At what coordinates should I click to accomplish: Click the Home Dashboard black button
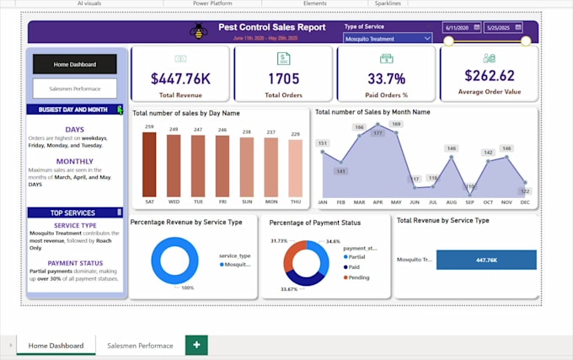75,64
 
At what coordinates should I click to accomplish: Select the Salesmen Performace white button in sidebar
75,89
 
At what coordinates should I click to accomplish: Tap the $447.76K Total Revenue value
179,78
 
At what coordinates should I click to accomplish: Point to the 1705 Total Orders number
283,78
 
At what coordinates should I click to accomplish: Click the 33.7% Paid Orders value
387,78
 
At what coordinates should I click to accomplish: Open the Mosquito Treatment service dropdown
388,38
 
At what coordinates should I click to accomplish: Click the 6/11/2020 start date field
462,27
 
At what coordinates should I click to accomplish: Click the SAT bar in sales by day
149,164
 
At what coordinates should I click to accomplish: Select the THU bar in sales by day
296,168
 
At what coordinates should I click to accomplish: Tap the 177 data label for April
378,132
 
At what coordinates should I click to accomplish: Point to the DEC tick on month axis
524,202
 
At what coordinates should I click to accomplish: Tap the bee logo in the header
199,32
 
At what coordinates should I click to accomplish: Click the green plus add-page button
196,346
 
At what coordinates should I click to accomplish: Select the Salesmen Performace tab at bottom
140,346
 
